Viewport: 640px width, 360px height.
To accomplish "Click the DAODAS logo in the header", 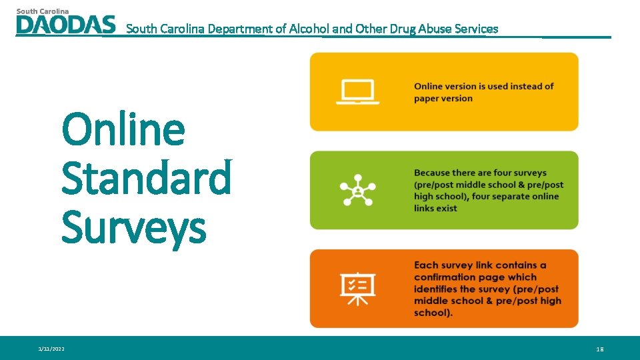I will (65, 25).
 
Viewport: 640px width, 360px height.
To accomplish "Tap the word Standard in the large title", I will (147, 178).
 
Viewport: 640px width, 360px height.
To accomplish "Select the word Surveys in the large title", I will (134, 227).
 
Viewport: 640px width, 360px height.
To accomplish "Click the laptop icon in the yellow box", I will (358, 92).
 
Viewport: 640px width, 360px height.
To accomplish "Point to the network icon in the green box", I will (358, 190).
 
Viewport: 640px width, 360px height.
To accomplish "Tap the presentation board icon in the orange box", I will (358, 288).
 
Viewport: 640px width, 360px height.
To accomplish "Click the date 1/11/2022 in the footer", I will (52, 349).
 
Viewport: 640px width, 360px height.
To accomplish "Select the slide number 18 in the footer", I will (600, 349).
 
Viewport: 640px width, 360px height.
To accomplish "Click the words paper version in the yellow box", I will (443, 99).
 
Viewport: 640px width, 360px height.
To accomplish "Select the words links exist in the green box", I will (436, 208).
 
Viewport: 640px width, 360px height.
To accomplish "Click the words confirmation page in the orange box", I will (475, 277).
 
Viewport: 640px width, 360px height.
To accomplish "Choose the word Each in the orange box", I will (425, 265).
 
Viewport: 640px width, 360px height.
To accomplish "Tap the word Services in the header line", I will (473, 29).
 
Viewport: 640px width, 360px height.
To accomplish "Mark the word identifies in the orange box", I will (438, 289).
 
